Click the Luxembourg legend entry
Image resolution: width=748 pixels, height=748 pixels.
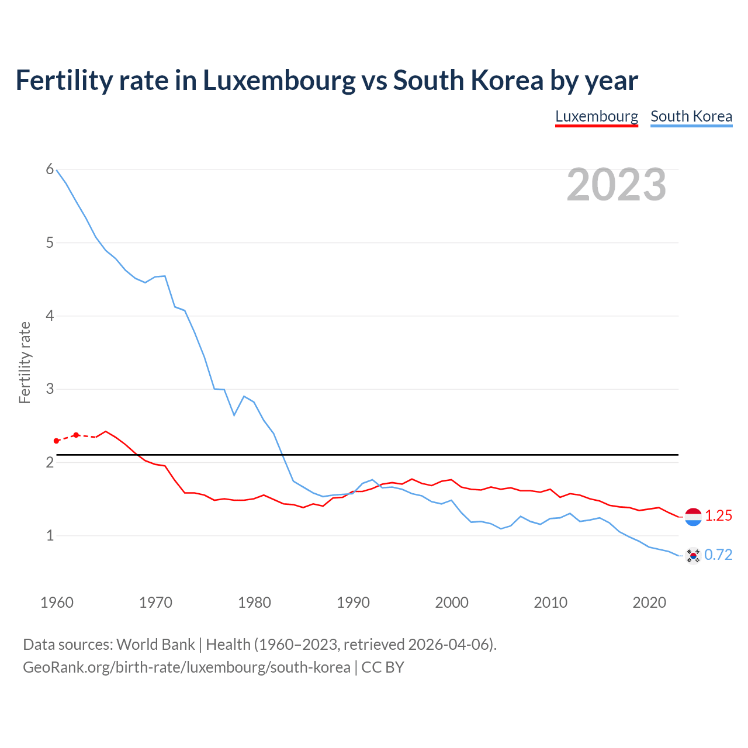coord(596,116)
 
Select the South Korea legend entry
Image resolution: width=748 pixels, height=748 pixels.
coord(691,116)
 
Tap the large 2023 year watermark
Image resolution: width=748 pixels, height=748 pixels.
coord(617,185)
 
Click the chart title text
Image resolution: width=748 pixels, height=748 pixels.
coord(327,80)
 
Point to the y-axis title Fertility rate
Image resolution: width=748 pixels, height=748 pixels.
coord(25,362)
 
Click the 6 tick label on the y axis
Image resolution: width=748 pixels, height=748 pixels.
coord(50,169)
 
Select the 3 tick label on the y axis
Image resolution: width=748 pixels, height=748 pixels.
coord(50,389)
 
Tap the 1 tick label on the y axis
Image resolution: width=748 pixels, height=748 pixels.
coord(50,535)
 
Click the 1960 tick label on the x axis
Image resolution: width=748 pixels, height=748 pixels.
coord(57,602)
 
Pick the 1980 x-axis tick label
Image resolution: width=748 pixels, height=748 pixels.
coord(254,602)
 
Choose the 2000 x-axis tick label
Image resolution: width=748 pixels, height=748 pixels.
coord(452,602)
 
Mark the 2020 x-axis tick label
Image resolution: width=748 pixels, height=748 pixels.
coord(649,602)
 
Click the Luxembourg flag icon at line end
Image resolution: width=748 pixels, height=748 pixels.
coord(693,517)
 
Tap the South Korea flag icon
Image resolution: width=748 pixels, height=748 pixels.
coord(693,555)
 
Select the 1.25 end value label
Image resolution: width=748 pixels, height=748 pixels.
coord(718,515)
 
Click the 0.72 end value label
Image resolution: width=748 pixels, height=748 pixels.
coord(718,555)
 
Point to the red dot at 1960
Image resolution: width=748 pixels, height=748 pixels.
coord(56,441)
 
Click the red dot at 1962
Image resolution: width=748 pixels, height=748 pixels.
coord(76,435)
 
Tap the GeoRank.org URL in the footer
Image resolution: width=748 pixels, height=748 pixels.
coord(186,667)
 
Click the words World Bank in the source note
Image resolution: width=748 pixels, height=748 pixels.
coord(155,645)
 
